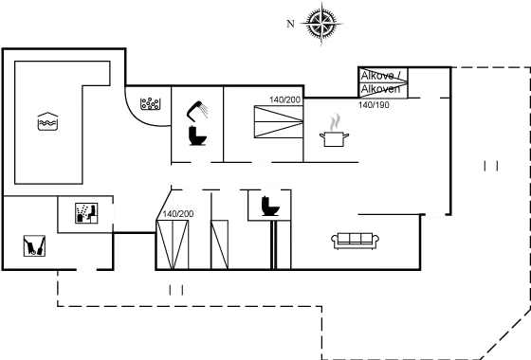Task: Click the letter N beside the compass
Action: [293, 20]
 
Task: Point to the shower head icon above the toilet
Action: [200, 111]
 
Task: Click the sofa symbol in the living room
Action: [357, 239]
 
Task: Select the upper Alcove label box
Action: [383, 75]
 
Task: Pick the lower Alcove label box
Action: [383, 90]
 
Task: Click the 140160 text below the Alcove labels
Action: [375, 103]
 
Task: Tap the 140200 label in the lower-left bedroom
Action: [177, 214]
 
